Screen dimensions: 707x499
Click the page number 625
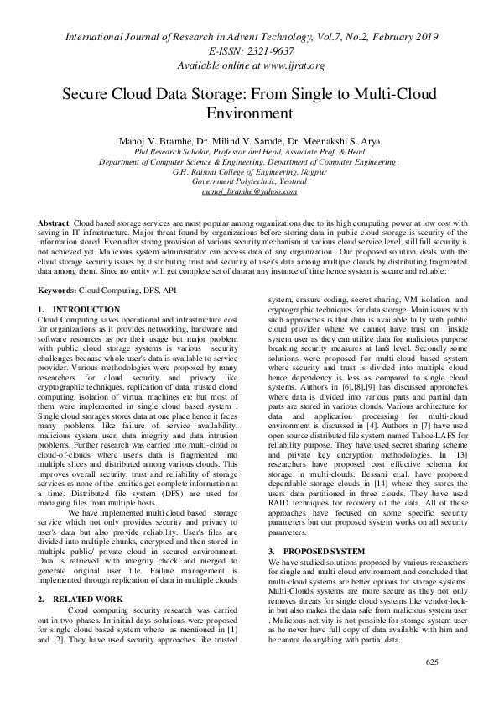pos(432,686)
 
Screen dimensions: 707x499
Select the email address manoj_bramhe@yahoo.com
pos(249,191)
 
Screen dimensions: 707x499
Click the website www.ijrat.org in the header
pos(288,65)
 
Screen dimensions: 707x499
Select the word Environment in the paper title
pos(249,112)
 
